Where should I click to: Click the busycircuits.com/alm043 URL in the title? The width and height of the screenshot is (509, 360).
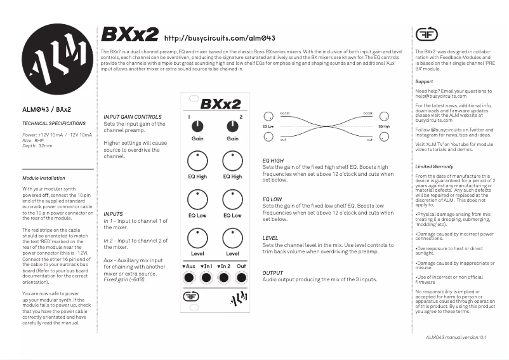[219, 38]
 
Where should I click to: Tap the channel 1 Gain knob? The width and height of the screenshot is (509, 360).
[197, 126]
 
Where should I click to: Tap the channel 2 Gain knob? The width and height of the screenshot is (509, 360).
[233, 126]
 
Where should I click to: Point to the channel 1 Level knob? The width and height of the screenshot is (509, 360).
[197, 239]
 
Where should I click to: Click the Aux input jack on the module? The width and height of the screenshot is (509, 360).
[188, 277]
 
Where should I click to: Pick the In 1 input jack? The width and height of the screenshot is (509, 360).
[206, 277]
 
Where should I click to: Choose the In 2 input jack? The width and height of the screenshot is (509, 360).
[223, 277]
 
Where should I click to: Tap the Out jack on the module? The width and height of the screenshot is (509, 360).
[241, 277]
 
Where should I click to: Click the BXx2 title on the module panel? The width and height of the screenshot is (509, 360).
[220, 103]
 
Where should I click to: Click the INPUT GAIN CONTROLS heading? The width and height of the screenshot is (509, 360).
[132, 117]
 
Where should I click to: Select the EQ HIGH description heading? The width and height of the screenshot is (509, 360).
[273, 161]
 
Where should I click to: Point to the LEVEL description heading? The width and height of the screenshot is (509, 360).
[270, 238]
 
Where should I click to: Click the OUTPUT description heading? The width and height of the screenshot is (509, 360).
[272, 273]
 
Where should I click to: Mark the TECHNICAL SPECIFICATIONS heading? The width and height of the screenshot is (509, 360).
[53, 123]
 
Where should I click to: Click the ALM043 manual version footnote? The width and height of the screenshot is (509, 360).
[456, 337]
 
